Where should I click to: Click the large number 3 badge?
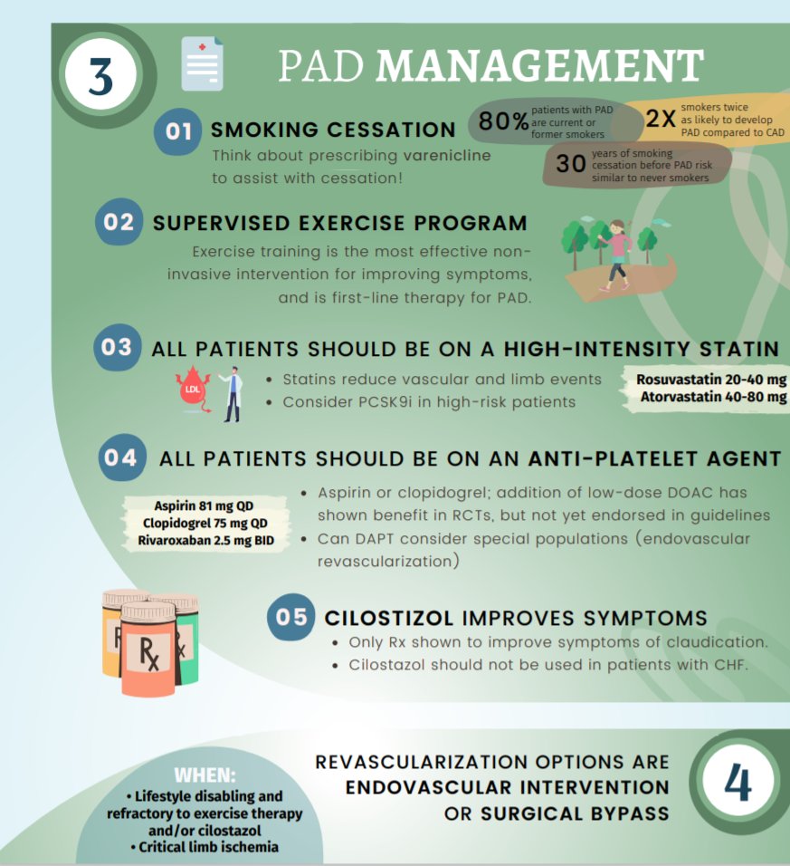[x=100, y=76]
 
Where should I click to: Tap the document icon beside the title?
[x=201, y=64]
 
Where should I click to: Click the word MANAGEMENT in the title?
[x=539, y=66]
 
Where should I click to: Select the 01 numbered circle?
[x=179, y=131]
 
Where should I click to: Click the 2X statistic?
[x=661, y=119]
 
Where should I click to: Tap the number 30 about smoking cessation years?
[x=570, y=164]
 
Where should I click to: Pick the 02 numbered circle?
[x=119, y=222]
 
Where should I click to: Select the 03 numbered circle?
[x=117, y=347]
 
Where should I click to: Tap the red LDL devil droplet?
[x=192, y=390]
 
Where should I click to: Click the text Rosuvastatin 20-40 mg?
[x=710, y=380]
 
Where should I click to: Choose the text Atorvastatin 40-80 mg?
[x=712, y=397]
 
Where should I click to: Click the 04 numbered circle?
[x=120, y=457]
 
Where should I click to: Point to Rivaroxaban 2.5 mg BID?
[x=208, y=542]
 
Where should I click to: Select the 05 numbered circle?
[x=291, y=618]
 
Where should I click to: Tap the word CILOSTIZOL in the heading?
[x=389, y=619]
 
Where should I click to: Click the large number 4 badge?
[x=738, y=783]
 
